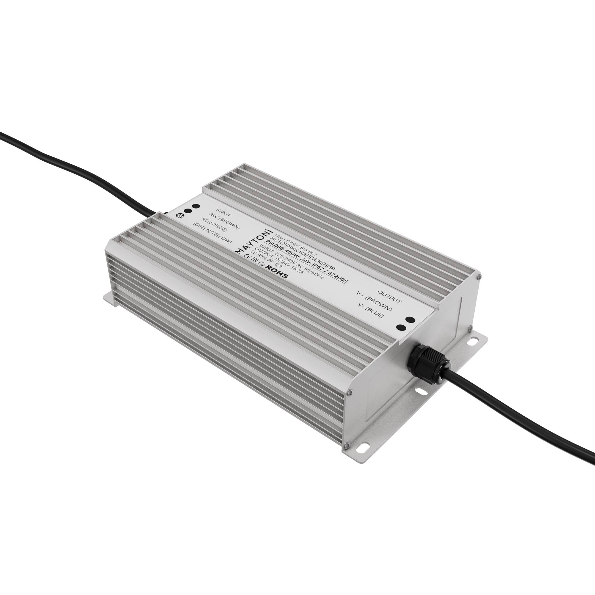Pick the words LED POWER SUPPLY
296,245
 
